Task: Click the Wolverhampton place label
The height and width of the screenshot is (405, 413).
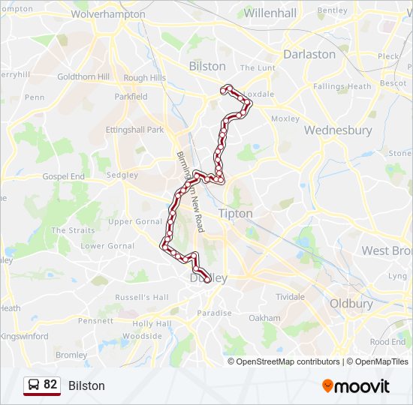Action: [108, 13]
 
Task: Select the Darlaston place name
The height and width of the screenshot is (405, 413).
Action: [309, 54]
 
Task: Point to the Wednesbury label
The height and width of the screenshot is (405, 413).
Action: [338, 130]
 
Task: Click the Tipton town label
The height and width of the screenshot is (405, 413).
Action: [236, 214]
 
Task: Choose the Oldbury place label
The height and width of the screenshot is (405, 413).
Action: [351, 304]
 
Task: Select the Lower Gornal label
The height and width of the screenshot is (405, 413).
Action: [107, 246]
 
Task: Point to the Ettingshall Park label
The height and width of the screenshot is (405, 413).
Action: [134, 130]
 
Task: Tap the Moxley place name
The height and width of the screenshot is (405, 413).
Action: [285, 118]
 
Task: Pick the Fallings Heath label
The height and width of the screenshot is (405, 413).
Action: [342, 86]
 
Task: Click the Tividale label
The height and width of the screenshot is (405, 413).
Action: [290, 297]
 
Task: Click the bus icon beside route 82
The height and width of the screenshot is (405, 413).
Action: [34, 385]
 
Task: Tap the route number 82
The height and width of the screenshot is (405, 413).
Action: [50, 385]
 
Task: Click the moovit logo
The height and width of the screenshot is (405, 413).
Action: [356, 386]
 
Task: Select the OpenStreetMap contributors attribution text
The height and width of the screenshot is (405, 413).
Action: [288, 361]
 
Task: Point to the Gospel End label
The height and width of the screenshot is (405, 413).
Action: [64, 176]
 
